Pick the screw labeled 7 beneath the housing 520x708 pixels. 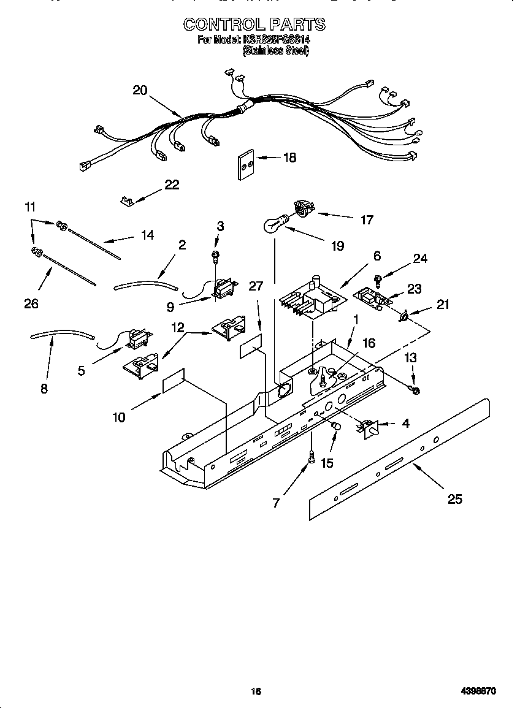(312, 457)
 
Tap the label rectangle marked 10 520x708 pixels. (174, 381)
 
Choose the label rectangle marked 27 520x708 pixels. (251, 348)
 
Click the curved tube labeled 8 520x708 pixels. (61, 335)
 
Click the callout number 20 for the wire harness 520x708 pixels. (140, 90)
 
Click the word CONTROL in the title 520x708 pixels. (222, 24)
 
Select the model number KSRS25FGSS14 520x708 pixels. (277, 39)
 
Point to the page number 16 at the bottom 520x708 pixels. (256, 691)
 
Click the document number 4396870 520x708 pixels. (478, 691)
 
